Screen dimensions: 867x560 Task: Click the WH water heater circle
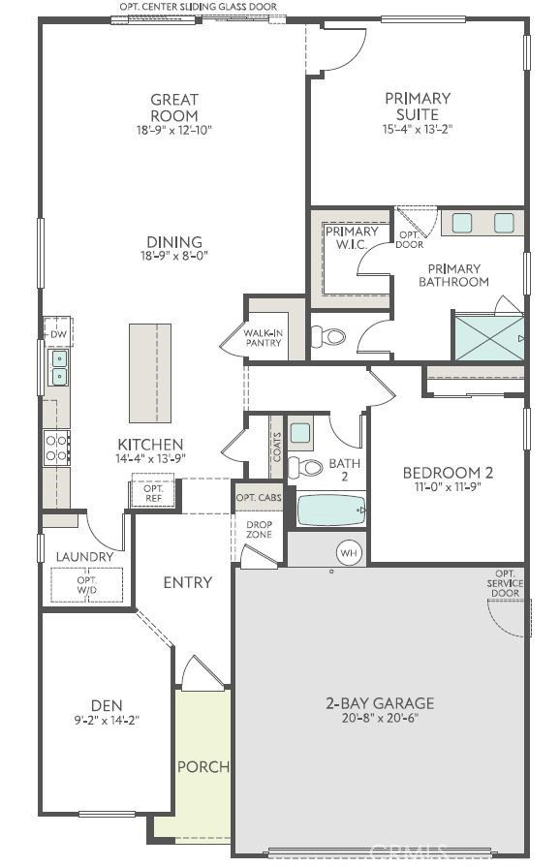[x=349, y=552]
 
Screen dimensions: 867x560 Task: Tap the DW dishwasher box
[x=58, y=334]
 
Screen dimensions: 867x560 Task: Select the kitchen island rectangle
[x=150, y=372]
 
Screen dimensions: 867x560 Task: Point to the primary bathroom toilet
[x=329, y=337]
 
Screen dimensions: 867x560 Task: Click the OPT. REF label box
[x=152, y=493]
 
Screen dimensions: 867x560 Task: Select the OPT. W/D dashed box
[x=87, y=585]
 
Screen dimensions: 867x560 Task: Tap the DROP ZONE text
[x=259, y=529]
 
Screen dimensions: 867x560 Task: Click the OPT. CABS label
[x=259, y=497]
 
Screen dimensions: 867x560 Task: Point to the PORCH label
[x=203, y=766]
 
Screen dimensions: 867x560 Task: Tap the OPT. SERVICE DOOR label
[x=505, y=583]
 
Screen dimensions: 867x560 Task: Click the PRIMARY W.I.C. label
[x=352, y=238]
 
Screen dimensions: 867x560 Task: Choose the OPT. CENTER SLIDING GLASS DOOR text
[x=199, y=7]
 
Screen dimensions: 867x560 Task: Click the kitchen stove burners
[x=57, y=446]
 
